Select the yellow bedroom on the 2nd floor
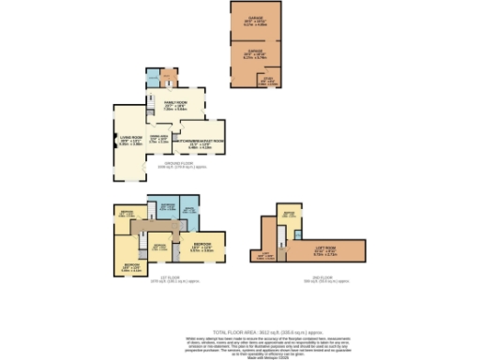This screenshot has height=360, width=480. pos(290,216)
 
